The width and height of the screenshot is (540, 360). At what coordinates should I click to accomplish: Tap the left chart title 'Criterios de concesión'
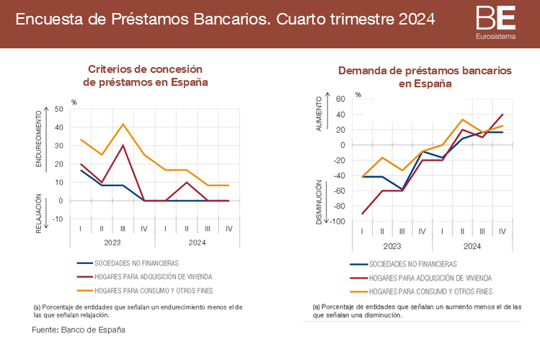(x=145, y=69)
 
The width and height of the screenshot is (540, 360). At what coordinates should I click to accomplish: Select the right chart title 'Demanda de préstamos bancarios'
(x=425, y=71)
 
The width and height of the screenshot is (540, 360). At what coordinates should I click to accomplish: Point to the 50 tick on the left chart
(x=59, y=109)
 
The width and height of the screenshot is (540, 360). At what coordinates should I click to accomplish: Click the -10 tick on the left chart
(x=58, y=219)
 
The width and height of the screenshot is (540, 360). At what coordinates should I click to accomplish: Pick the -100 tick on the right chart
(x=337, y=221)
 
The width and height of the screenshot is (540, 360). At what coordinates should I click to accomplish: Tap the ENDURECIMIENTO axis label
(x=39, y=139)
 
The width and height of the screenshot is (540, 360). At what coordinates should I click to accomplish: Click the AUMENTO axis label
(x=319, y=114)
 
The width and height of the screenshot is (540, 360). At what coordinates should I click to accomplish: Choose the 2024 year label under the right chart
(x=472, y=247)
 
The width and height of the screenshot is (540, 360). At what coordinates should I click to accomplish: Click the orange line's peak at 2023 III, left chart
(x=123, y=124)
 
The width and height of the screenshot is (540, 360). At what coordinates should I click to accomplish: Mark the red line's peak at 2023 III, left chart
(x=123, y=145)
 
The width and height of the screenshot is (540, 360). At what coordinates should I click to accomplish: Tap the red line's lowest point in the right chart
(x=362, y=214)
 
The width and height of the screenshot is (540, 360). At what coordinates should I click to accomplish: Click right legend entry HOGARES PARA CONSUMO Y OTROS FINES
(x=430, y=291)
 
